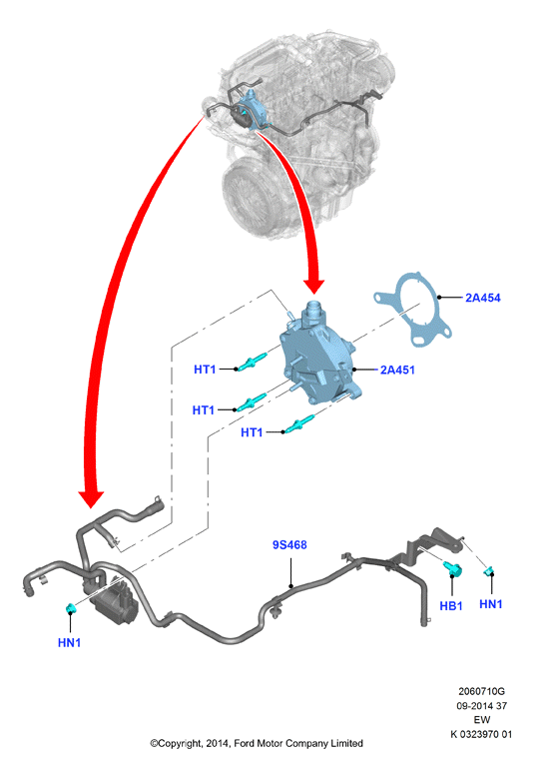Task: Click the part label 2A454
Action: [x=482, y=298]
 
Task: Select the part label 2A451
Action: [x=397, y=370]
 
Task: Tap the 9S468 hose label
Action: [x=289, y=545]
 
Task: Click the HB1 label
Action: [x=451, y=606]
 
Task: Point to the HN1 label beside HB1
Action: [x=491, y=604]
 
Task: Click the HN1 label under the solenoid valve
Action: [x=69, y=643]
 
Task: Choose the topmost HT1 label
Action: [x=205, y=370]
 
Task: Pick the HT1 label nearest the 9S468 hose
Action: [x=252, y=432]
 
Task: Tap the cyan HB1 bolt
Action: [x=453, y=568]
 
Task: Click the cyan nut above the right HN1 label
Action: [x=489, y=571]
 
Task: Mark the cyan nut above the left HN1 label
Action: [x=71, y=608]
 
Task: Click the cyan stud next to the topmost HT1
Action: [x=252, y=363]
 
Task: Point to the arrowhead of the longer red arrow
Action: [x=91, y=498]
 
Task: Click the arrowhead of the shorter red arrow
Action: [x=313, y=286]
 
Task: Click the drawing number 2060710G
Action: [x=481, y=691]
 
